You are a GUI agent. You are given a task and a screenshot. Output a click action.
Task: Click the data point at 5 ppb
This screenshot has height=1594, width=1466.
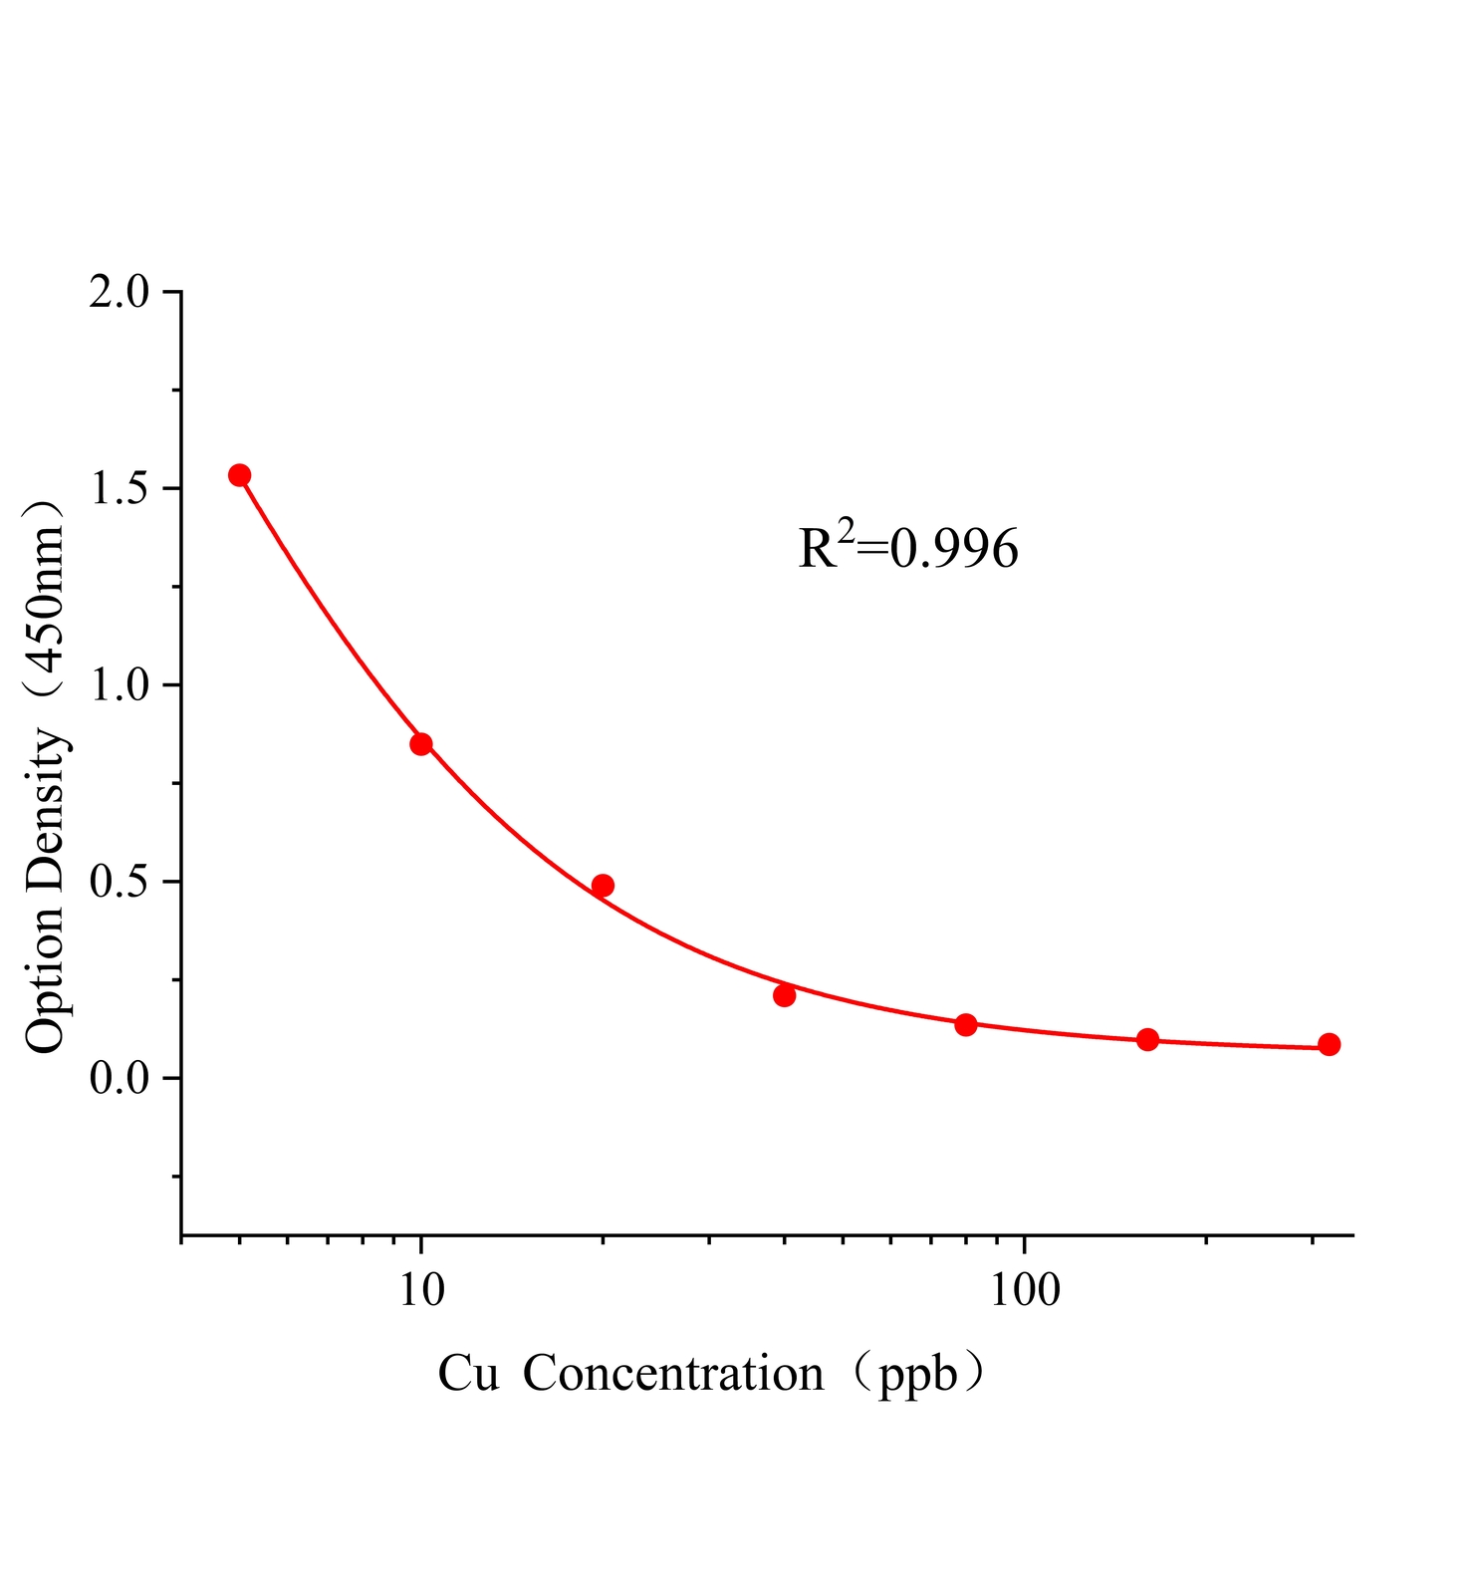click(x=239, y=475)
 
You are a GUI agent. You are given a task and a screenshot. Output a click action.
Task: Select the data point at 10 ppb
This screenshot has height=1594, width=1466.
click(x=421, y=744)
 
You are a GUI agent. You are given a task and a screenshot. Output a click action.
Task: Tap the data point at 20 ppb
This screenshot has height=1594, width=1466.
click(x=603, y=886)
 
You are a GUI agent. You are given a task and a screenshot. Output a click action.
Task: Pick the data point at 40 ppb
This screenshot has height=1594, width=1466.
click(x=785, y=995)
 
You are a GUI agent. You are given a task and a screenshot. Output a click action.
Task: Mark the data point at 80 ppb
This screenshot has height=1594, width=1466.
click(x=966, y=1024)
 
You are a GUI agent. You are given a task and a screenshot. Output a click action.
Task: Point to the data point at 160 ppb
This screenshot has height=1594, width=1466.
click(x=1147, y=1040)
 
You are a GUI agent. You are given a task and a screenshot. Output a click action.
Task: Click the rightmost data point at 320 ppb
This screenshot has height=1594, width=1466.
click(x=1329, y=1044)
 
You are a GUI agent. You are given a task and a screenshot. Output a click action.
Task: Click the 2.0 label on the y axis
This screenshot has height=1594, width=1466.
click(x=119, y=293)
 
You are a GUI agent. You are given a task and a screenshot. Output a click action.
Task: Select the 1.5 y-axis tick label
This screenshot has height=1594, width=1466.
click(x=119, y=489)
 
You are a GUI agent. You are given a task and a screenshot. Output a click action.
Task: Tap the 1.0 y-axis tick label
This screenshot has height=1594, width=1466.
click(x=119, y=685)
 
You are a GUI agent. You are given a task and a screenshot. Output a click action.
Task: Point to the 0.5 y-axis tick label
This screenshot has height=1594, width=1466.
click(x=119, y=883)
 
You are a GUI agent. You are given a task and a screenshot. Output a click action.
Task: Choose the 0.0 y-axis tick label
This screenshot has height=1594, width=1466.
click(x=119, y=1079)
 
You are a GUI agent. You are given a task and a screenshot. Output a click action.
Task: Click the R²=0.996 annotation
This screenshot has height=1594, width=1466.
click(x=908, y=547)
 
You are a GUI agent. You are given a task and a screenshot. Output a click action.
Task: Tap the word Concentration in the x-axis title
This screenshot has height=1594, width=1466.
click(x=673, y=1375)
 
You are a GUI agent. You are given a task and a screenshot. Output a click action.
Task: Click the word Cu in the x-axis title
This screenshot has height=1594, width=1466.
click(x=468, y=1375)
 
